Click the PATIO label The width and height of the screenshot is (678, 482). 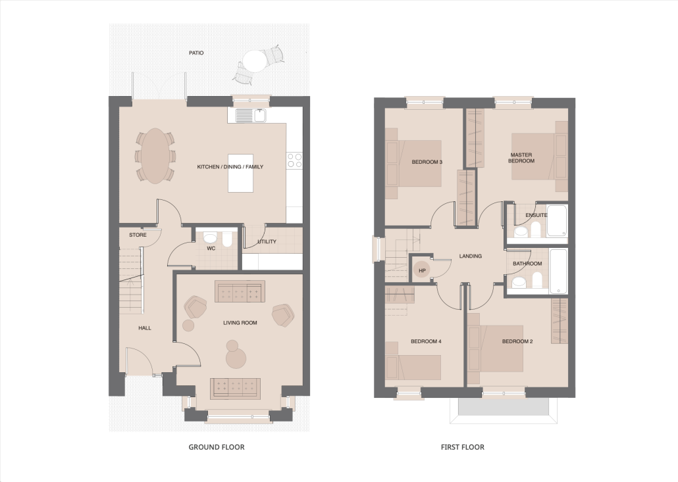tap(196, 53)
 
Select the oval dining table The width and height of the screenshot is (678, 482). tap(155, 156)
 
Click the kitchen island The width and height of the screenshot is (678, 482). tap(240, 173)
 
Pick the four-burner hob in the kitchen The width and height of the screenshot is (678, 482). tap(295, 160)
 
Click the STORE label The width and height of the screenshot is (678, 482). tap(138, 235)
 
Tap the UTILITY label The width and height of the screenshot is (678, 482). tap(267, 241)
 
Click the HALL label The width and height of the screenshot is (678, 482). tap(145, 328)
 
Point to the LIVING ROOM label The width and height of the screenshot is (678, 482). tap(240, 323)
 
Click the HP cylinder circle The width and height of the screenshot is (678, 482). tap(423, 270)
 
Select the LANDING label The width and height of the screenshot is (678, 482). tap(471, 256)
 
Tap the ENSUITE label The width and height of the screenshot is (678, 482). tap(536, 215)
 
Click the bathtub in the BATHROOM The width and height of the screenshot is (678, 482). tap(558, 271)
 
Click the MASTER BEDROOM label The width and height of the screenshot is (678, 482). tap(521, 158)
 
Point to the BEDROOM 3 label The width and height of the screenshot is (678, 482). tap(427, 162)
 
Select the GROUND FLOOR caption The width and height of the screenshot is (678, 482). tap(216, 447)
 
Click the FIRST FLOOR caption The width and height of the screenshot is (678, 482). tap(462, 447)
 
